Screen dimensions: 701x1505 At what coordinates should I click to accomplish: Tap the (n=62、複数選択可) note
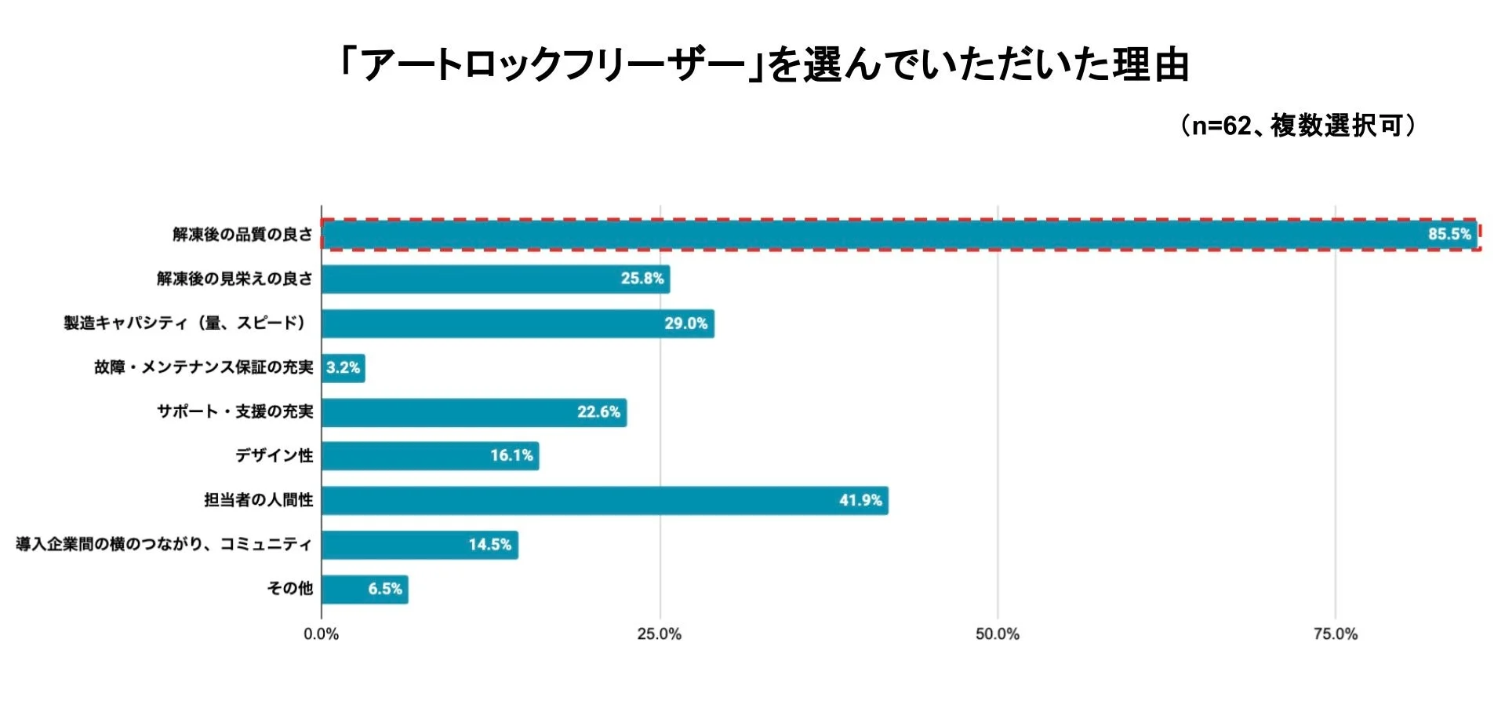[1299, 126]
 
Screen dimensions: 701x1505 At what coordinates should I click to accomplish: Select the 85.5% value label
[1449, 234]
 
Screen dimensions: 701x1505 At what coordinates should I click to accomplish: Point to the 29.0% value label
[685, 323]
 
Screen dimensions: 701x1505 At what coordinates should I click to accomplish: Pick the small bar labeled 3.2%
[343, 367]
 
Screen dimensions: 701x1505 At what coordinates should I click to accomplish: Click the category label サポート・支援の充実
[234, 411]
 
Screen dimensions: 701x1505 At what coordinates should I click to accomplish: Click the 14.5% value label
[489, 545]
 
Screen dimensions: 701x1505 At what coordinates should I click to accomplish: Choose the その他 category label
[289, 589]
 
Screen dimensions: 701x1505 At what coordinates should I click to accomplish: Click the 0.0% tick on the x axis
[321, 634]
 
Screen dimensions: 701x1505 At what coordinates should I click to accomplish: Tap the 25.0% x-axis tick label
[659, 634]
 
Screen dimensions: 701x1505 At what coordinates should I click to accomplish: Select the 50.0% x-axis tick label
[997, 634]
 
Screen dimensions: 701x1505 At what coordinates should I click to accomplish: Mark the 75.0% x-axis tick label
[1335, 634]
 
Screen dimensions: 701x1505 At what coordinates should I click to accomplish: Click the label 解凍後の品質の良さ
[242, 234]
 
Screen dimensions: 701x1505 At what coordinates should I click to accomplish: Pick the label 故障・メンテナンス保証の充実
[203, 367]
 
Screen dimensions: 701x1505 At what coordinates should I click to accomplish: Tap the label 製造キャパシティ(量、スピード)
[185, 323]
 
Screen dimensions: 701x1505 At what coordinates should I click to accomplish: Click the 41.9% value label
[860, 500]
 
